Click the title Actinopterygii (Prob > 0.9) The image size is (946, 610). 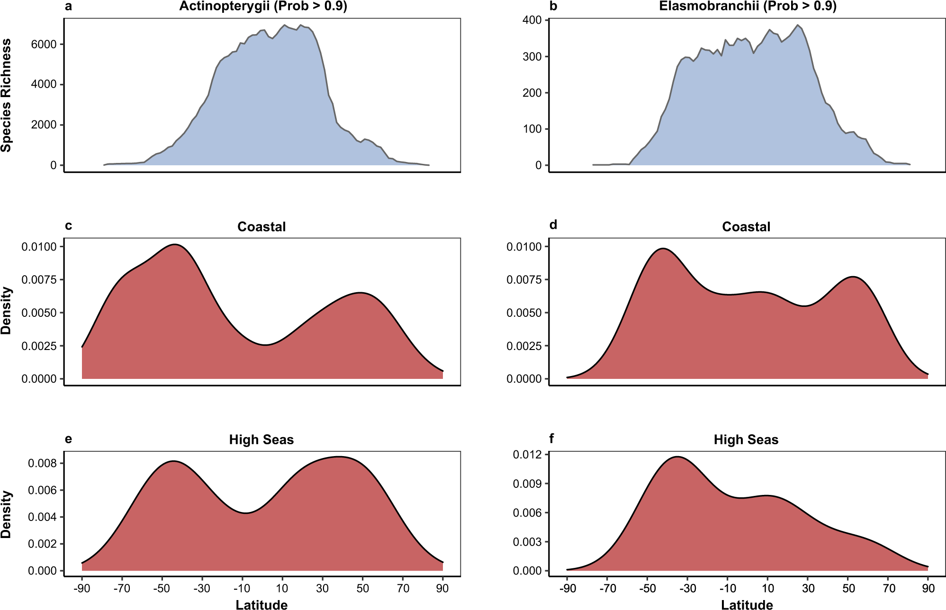(263, 6)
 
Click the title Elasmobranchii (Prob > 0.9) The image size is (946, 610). (748, 6)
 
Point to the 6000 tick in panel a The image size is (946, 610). (44, 44)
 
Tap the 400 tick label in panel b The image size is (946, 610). (532, 20)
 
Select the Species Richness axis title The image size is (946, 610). (6, 95)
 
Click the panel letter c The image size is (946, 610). (69, 225)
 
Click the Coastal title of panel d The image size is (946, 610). (746, 227)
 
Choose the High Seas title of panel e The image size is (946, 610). (261, 440)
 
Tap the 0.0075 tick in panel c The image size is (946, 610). (39, 279)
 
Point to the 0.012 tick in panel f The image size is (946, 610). (527, 455)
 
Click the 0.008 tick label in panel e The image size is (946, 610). (42, 463)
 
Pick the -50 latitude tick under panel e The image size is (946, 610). (162, 588)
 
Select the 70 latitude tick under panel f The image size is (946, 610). (889, 588)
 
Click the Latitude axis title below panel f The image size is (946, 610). (747, 604)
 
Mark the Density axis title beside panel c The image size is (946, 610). (6, 311)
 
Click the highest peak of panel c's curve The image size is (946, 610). (175, 244)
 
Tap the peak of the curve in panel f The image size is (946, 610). (677, 457)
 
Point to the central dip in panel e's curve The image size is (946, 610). (245, 513)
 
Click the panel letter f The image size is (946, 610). (552, 439)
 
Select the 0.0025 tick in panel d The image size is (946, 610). (524, 346)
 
